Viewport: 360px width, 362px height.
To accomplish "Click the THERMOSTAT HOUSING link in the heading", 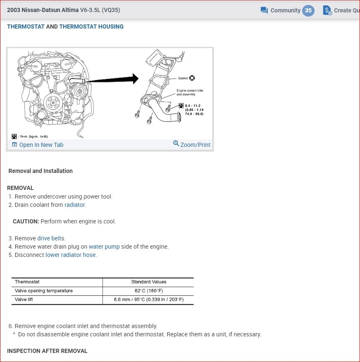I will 91,26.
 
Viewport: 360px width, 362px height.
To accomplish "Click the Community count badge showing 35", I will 308,10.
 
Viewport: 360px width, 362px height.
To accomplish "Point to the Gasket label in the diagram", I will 183,78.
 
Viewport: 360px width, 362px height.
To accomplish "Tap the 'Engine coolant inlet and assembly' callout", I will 190,92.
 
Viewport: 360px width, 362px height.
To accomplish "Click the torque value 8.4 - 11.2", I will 193,106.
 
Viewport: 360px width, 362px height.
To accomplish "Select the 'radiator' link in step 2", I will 75,205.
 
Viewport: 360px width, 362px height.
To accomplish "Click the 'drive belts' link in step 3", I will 50,238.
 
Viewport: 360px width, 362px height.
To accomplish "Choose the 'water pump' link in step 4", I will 104,247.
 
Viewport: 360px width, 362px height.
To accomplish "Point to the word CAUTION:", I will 26,221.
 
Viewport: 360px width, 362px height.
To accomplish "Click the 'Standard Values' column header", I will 148,282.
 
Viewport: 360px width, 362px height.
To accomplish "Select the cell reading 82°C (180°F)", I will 148,291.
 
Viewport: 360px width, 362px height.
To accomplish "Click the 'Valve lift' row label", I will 24,300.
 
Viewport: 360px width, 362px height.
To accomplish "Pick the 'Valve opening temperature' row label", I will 43,291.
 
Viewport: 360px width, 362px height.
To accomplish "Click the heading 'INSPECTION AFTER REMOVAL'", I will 47,351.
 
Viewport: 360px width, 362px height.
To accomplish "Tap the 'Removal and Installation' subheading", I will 41,171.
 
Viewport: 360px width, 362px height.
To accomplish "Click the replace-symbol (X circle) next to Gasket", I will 192,78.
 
